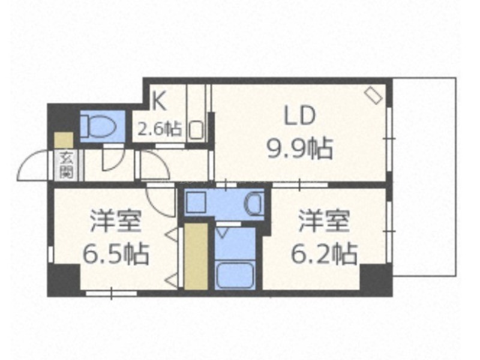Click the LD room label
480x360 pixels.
[x=299, y=115]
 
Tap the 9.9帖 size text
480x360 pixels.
[x=300, y=148]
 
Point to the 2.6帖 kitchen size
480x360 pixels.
[x=159, y=128]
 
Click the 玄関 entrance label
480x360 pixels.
[x=66, y=165]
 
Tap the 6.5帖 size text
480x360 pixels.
[x=116, y=254]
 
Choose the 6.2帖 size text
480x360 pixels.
[x=324, y=254]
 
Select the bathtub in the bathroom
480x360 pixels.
[x=235, y=274]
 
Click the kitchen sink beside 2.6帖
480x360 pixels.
[x=196, y=130]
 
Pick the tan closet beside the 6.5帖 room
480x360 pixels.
[x=196, y=256]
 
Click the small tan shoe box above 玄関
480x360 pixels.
[x=64, y=140]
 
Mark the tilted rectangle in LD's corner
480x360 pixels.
[x=373, y=95]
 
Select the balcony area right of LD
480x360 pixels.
[x=424, y=177]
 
